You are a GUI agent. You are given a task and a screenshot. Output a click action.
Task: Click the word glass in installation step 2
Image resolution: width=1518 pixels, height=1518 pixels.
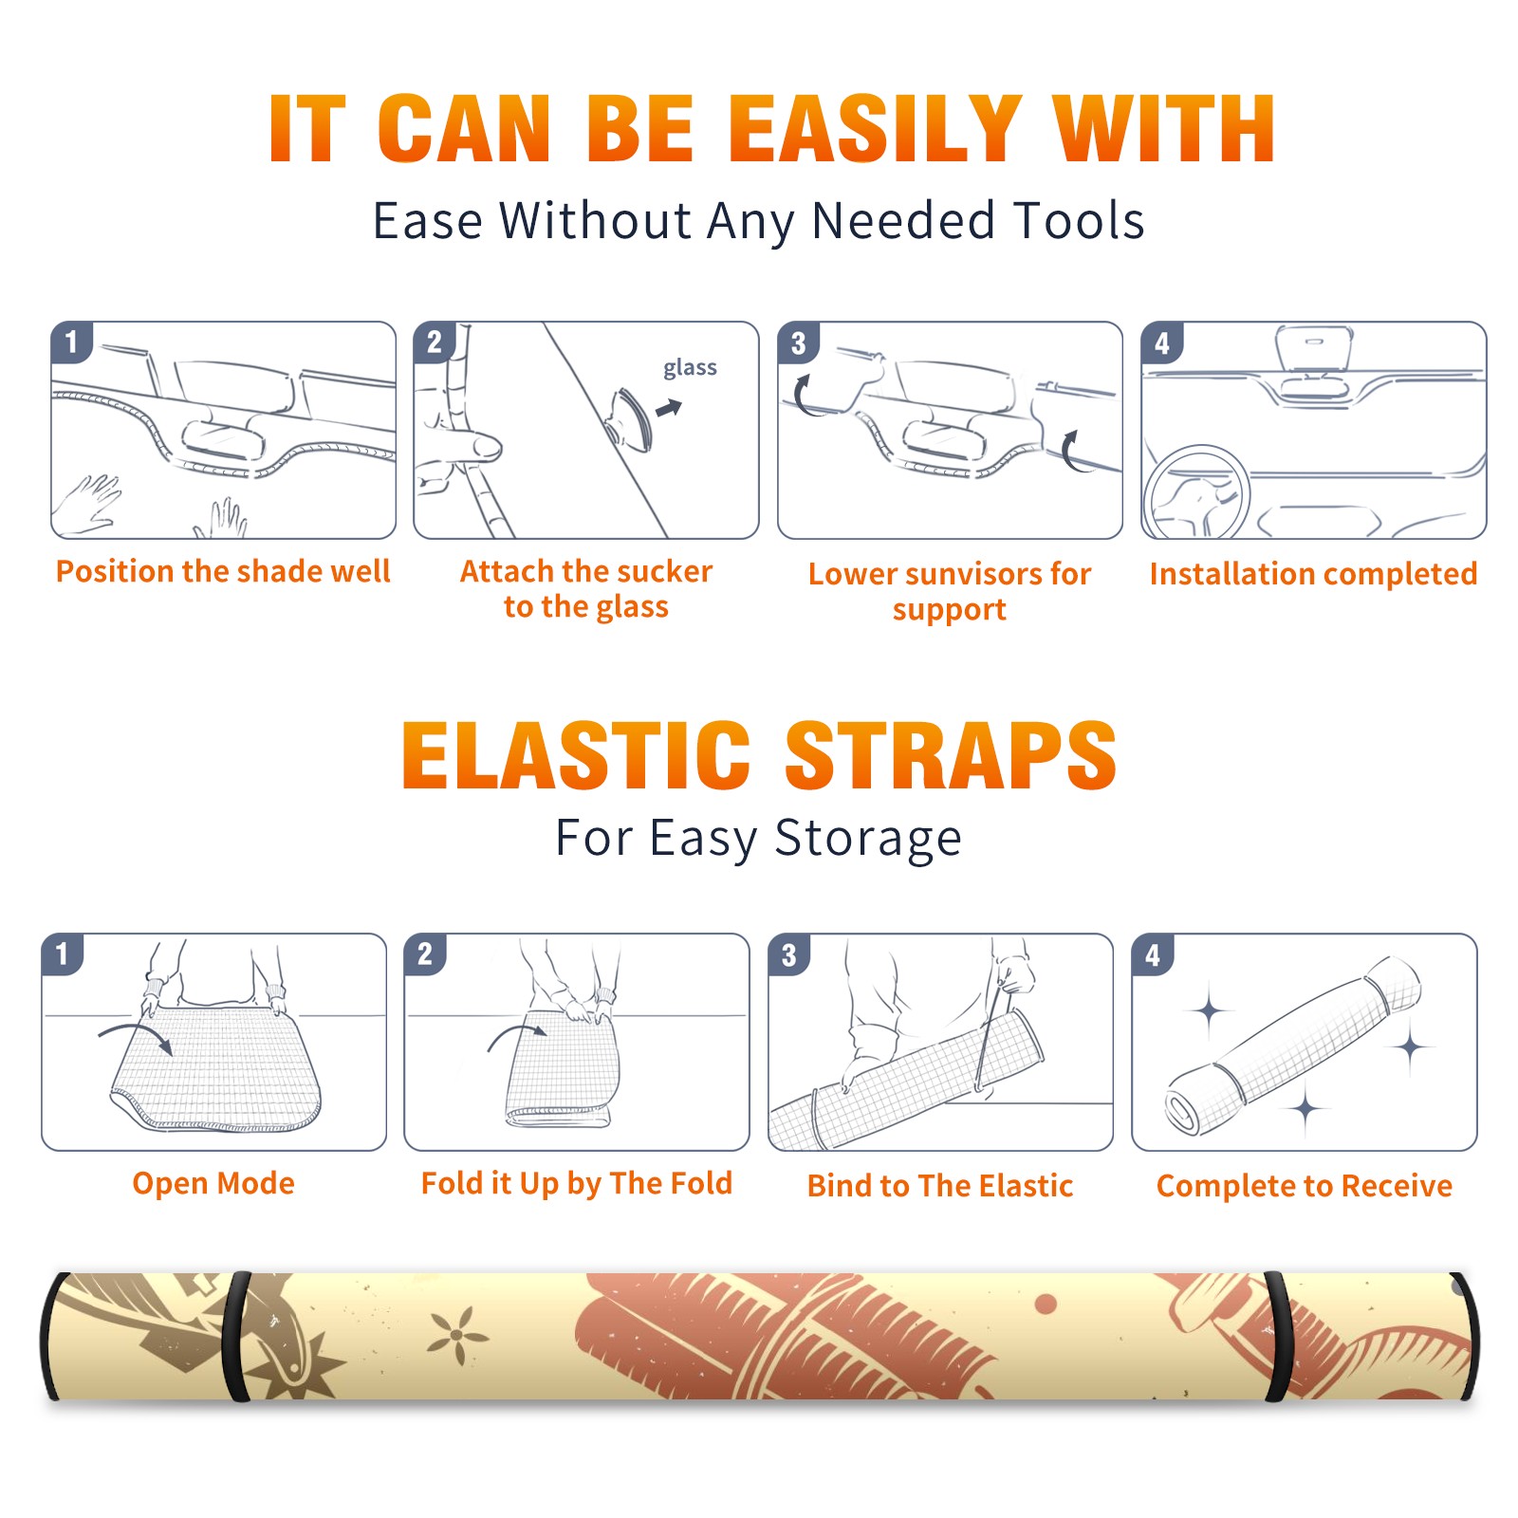coord(690,368)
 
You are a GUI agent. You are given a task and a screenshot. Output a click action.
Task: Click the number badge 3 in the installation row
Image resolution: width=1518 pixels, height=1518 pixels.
coord(798,342)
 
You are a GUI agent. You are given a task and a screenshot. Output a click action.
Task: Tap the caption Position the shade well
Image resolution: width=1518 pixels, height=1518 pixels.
coord(223,571)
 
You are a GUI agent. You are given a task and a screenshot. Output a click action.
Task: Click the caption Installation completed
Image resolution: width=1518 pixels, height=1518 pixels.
coord(1313,573)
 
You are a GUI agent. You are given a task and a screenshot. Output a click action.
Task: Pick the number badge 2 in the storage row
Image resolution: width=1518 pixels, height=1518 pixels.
coord(425,953)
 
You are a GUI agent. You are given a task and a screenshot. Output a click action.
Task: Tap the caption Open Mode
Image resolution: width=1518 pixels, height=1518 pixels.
coord(213,1184)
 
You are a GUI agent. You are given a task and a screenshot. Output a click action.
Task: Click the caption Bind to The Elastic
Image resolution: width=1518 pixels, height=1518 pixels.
coord(940,1186)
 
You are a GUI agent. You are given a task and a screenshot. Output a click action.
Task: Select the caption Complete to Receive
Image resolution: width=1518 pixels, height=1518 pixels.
coord(1305,1186)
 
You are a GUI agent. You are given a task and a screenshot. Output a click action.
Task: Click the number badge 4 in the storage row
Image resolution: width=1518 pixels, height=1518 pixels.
coord(1153,954)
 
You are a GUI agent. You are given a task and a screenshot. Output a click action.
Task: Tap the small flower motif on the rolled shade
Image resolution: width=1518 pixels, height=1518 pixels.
coord(457,1335)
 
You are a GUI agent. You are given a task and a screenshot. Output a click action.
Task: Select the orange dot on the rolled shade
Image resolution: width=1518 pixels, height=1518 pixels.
coord(1046,1305)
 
